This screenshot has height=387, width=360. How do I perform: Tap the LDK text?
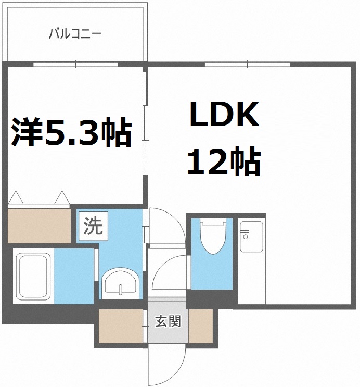click(x=224, y=116)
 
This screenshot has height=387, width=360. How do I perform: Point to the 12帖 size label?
click(x=224, y=163)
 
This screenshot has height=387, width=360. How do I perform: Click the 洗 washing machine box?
click(x=93, y=226)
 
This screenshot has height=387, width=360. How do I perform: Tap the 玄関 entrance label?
click(x=168, y=321)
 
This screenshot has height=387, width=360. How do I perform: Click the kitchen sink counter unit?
click(x=252, y=237)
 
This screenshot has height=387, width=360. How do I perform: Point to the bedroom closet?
click(x=39, y=224)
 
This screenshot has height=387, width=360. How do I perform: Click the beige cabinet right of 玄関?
click(x=201, y=327)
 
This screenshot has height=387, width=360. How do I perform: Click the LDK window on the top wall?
click(x=247, y=65)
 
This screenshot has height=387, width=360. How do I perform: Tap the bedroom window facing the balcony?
click(x=76, y=65)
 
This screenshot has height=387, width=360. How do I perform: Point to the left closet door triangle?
click(x=15, y=198)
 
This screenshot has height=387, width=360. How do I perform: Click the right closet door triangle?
click(x=61, y=198)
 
